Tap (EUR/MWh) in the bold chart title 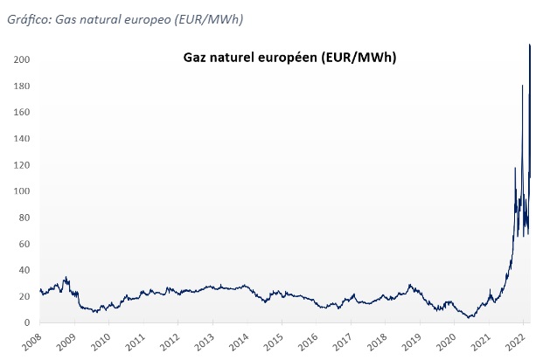click(359, 58)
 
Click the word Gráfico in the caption click(28, 18)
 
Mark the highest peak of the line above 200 click(530, 45)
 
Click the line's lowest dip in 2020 click(470, 317)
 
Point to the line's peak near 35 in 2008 click(66, 277)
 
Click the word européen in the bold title click(286, 58)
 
